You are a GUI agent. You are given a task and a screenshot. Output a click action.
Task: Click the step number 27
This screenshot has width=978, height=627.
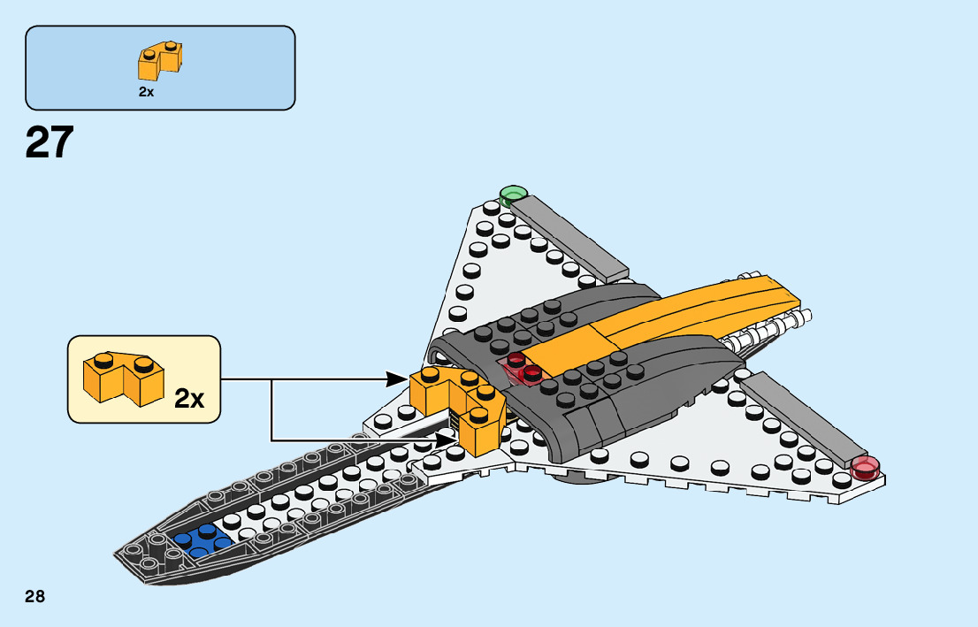tap(50, 142)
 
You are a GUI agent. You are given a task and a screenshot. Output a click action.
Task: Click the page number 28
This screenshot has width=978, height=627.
tap(35, 596)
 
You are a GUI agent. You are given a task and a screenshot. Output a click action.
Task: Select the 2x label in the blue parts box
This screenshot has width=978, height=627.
tap(146, 91)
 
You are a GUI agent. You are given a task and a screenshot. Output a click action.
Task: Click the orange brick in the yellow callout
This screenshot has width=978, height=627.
tap(122, 378)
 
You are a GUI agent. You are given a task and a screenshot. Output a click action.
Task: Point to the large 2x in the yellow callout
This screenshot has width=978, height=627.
tap(189, 399)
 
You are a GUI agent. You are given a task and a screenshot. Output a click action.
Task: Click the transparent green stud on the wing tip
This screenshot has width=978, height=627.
tap(512, 194)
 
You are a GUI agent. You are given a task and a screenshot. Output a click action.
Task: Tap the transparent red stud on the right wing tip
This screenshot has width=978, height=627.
tap(866, 468)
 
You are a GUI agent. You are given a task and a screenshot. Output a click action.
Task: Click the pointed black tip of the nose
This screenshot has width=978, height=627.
tap(124, 555)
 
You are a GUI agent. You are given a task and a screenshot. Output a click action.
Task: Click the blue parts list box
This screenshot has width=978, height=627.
tap(160, 67)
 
